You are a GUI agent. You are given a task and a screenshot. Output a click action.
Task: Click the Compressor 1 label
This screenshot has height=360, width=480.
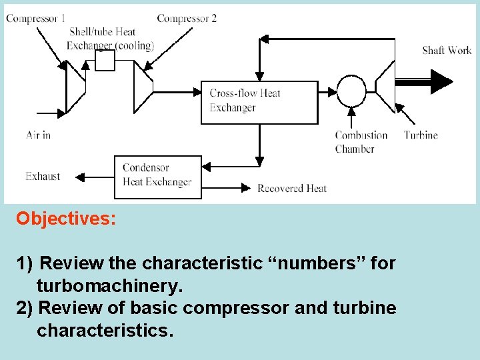click(35, 19)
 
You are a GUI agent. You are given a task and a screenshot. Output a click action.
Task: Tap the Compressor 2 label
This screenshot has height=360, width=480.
click(187, 19)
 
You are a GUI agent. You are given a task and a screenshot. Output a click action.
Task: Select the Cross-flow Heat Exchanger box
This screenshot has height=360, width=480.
click(259, 102)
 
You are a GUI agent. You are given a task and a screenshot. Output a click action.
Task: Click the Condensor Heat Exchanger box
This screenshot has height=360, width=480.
click(157, 177)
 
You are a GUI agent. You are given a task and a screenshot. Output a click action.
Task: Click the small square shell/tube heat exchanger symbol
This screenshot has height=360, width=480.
click(105, 61)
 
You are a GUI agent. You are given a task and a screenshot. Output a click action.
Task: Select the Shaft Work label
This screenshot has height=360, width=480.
click(447, 50)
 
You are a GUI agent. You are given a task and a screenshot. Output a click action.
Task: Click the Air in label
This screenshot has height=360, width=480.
click(38, 135)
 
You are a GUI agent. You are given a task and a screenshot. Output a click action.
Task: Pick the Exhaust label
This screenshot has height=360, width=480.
click(43, 177)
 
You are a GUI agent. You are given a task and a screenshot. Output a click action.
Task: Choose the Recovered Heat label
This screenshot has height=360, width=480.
click(292, 189)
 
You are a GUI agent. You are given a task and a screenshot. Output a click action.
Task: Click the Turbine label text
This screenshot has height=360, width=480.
click(421, 135)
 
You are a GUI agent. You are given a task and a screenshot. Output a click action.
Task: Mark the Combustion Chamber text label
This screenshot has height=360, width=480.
click(361, 142)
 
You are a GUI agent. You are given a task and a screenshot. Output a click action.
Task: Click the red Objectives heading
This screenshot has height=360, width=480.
click(66, 219)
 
